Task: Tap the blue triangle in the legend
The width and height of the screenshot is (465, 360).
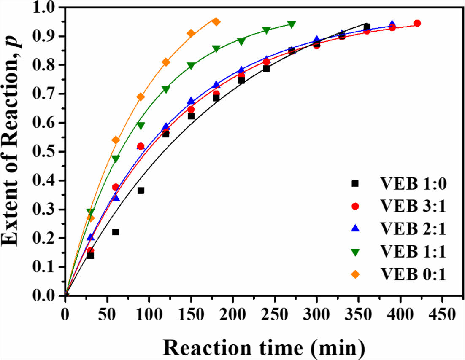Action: tap(355, 228)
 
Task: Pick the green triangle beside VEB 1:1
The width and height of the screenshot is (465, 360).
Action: tap(355, 252)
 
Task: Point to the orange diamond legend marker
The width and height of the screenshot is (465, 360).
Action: tap(355, 274)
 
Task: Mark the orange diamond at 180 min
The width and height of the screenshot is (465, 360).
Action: tap(216, 21)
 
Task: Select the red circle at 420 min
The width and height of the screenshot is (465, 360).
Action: tap(417, 23)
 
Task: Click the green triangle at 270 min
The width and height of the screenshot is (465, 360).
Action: tap(292, 24)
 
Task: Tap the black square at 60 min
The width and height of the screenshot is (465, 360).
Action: tap(115, 232)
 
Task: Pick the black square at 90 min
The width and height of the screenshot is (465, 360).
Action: tap(141, 191)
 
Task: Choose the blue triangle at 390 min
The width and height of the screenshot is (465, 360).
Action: tap(392, 24)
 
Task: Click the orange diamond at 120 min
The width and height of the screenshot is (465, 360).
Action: tap(166, 62)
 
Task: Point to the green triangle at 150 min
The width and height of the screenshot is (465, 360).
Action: tap(191, 66)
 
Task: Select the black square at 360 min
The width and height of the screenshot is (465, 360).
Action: tap(367, 27)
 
